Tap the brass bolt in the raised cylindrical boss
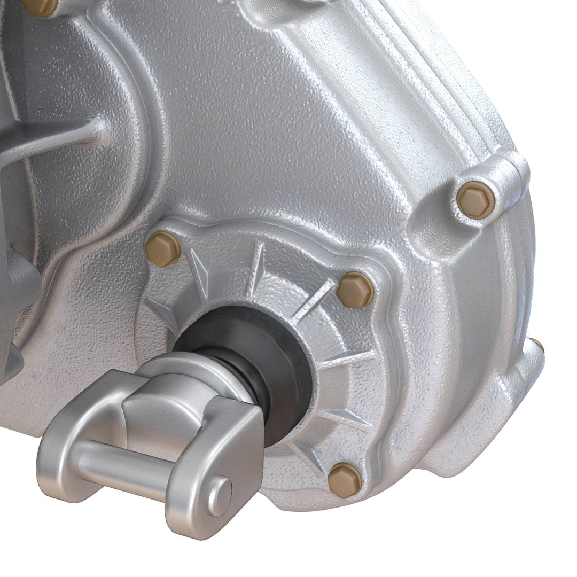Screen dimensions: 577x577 tap(475, 200)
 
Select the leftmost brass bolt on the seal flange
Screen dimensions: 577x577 tap(162, 249)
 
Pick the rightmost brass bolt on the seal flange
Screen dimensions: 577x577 tap(354, 290)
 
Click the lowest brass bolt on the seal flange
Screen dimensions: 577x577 tap(344, 480)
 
